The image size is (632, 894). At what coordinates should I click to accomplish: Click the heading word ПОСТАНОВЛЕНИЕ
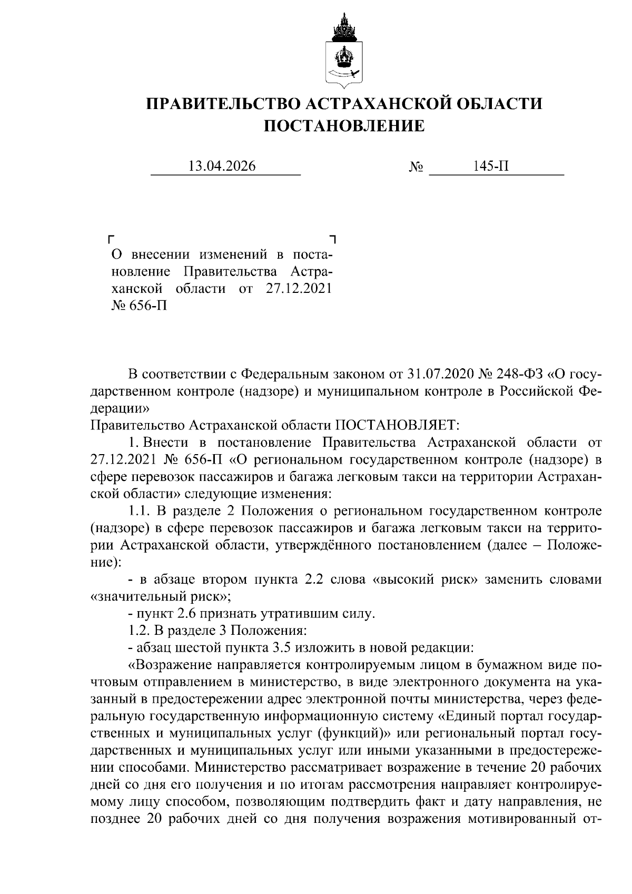pyautogui.click(x=344, y=126)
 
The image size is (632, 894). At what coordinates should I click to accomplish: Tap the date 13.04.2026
pyautogui.click(x=222, y=166)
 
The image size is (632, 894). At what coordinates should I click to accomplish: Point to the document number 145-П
pyautogui.click(x=491, y=166)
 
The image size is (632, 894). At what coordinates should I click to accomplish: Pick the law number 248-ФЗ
pyautogui.click(x=519, y=374)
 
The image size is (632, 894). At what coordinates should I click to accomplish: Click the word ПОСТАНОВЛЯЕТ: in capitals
pyautogui.click(x=397, y=425)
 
